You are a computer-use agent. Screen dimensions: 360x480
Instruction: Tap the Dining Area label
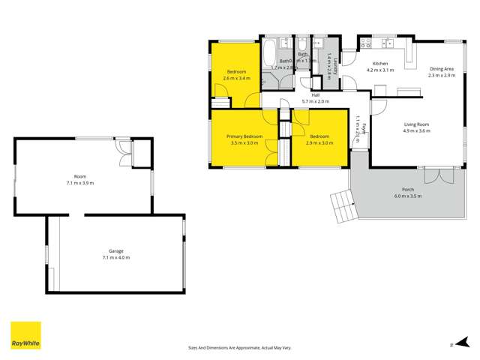[442, 70]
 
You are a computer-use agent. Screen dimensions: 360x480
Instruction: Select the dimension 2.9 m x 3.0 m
[320, 142]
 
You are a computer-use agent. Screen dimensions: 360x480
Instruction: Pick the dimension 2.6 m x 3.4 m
[238, 77]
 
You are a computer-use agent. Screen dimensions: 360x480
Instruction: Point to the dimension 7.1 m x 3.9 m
[79, 182]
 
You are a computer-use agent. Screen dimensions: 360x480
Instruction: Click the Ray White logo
[25, 336]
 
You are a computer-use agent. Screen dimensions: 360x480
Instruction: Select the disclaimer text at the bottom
[239, 347]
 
